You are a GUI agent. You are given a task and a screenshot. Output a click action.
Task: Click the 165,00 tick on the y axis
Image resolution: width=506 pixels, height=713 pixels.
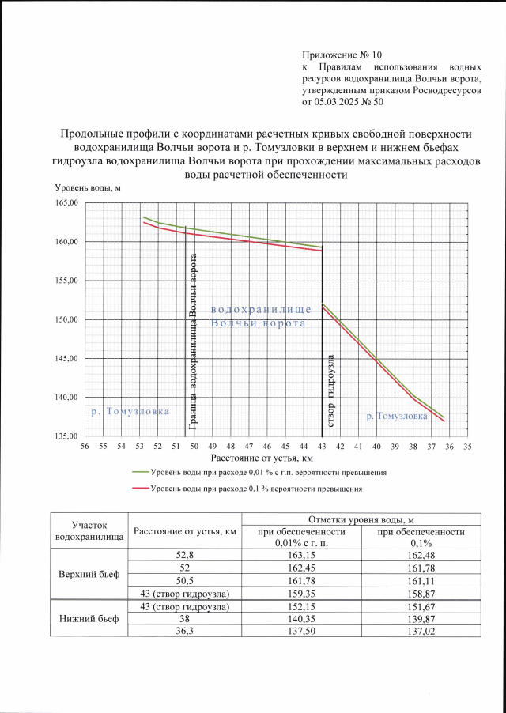tap(67, 203)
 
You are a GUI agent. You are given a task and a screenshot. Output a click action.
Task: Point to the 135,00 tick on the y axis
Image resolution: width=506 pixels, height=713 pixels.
tap(67, 436)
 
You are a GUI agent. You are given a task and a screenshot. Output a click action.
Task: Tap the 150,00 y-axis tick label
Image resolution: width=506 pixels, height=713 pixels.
tap(67, 319)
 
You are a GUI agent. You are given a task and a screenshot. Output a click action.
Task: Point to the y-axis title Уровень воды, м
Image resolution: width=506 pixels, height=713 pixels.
tap(86, 187)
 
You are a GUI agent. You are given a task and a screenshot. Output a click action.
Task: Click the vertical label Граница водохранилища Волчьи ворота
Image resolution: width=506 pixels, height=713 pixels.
tap(192, 348)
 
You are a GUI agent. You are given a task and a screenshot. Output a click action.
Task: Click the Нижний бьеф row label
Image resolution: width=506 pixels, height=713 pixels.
tap(89, 618)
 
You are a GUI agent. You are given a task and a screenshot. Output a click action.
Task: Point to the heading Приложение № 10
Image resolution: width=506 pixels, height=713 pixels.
tap(342, 55)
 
